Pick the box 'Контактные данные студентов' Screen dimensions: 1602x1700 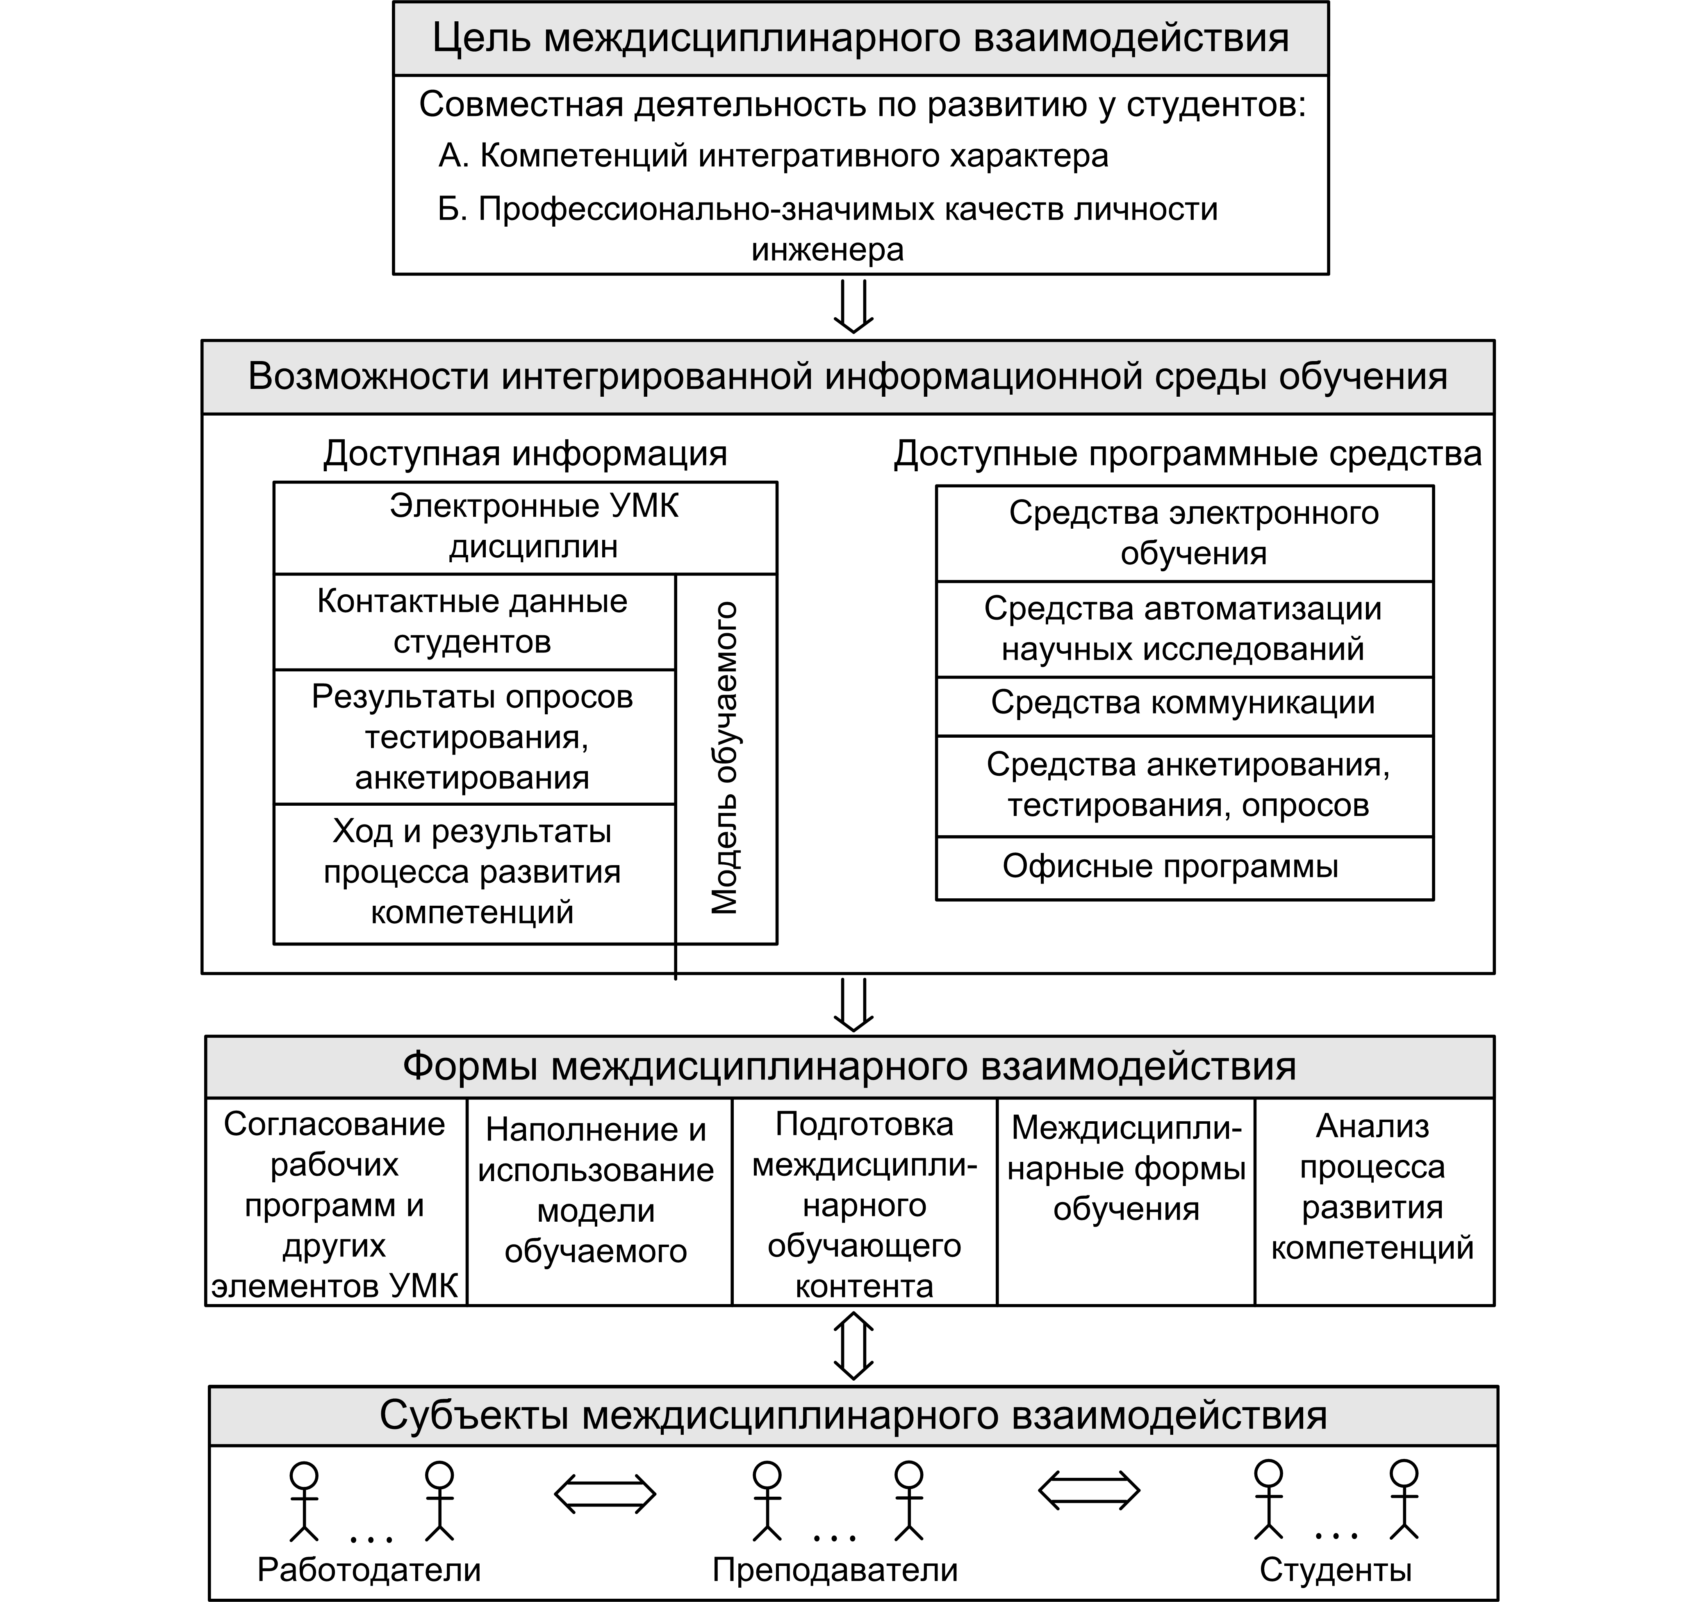point(472,621)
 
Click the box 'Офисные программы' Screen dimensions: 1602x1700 point(1170,867)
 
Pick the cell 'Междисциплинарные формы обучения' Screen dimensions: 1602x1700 point(1125,1168)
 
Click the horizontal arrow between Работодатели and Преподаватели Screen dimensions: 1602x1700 point(605,1494)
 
